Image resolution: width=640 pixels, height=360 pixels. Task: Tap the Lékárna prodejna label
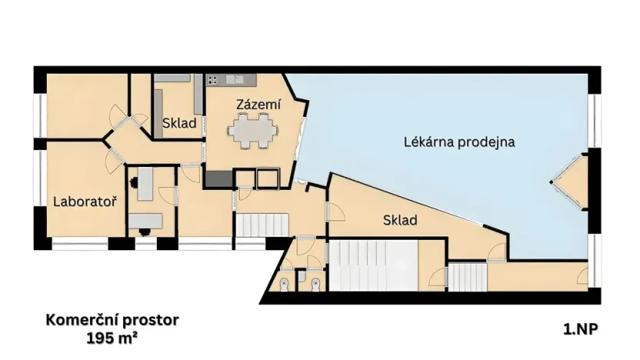458,142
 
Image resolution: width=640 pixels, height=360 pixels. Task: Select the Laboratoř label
85,202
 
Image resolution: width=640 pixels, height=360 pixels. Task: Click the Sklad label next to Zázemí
178,123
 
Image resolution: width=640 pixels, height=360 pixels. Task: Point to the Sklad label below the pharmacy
399,221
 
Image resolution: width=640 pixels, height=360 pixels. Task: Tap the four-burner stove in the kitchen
213,79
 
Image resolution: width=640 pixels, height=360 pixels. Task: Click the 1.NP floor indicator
580,328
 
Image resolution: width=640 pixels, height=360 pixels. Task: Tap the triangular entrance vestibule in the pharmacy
571,182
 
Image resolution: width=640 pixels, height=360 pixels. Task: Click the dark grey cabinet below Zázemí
218,178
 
